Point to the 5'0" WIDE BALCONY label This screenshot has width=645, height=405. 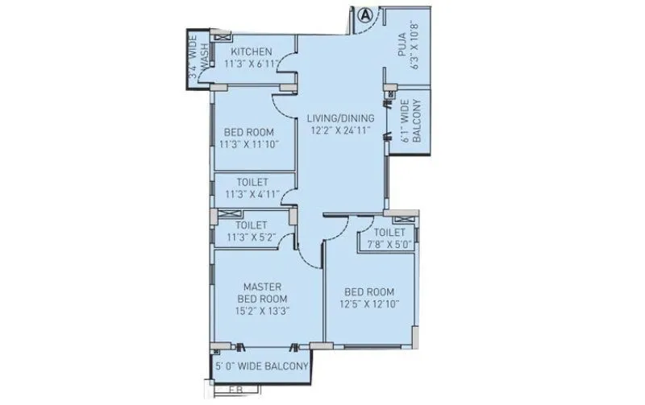click(x=262, y=367)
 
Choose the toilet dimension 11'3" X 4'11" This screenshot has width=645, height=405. click(x=252, y=194)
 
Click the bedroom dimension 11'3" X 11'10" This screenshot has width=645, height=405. click(x=248, y=146)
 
